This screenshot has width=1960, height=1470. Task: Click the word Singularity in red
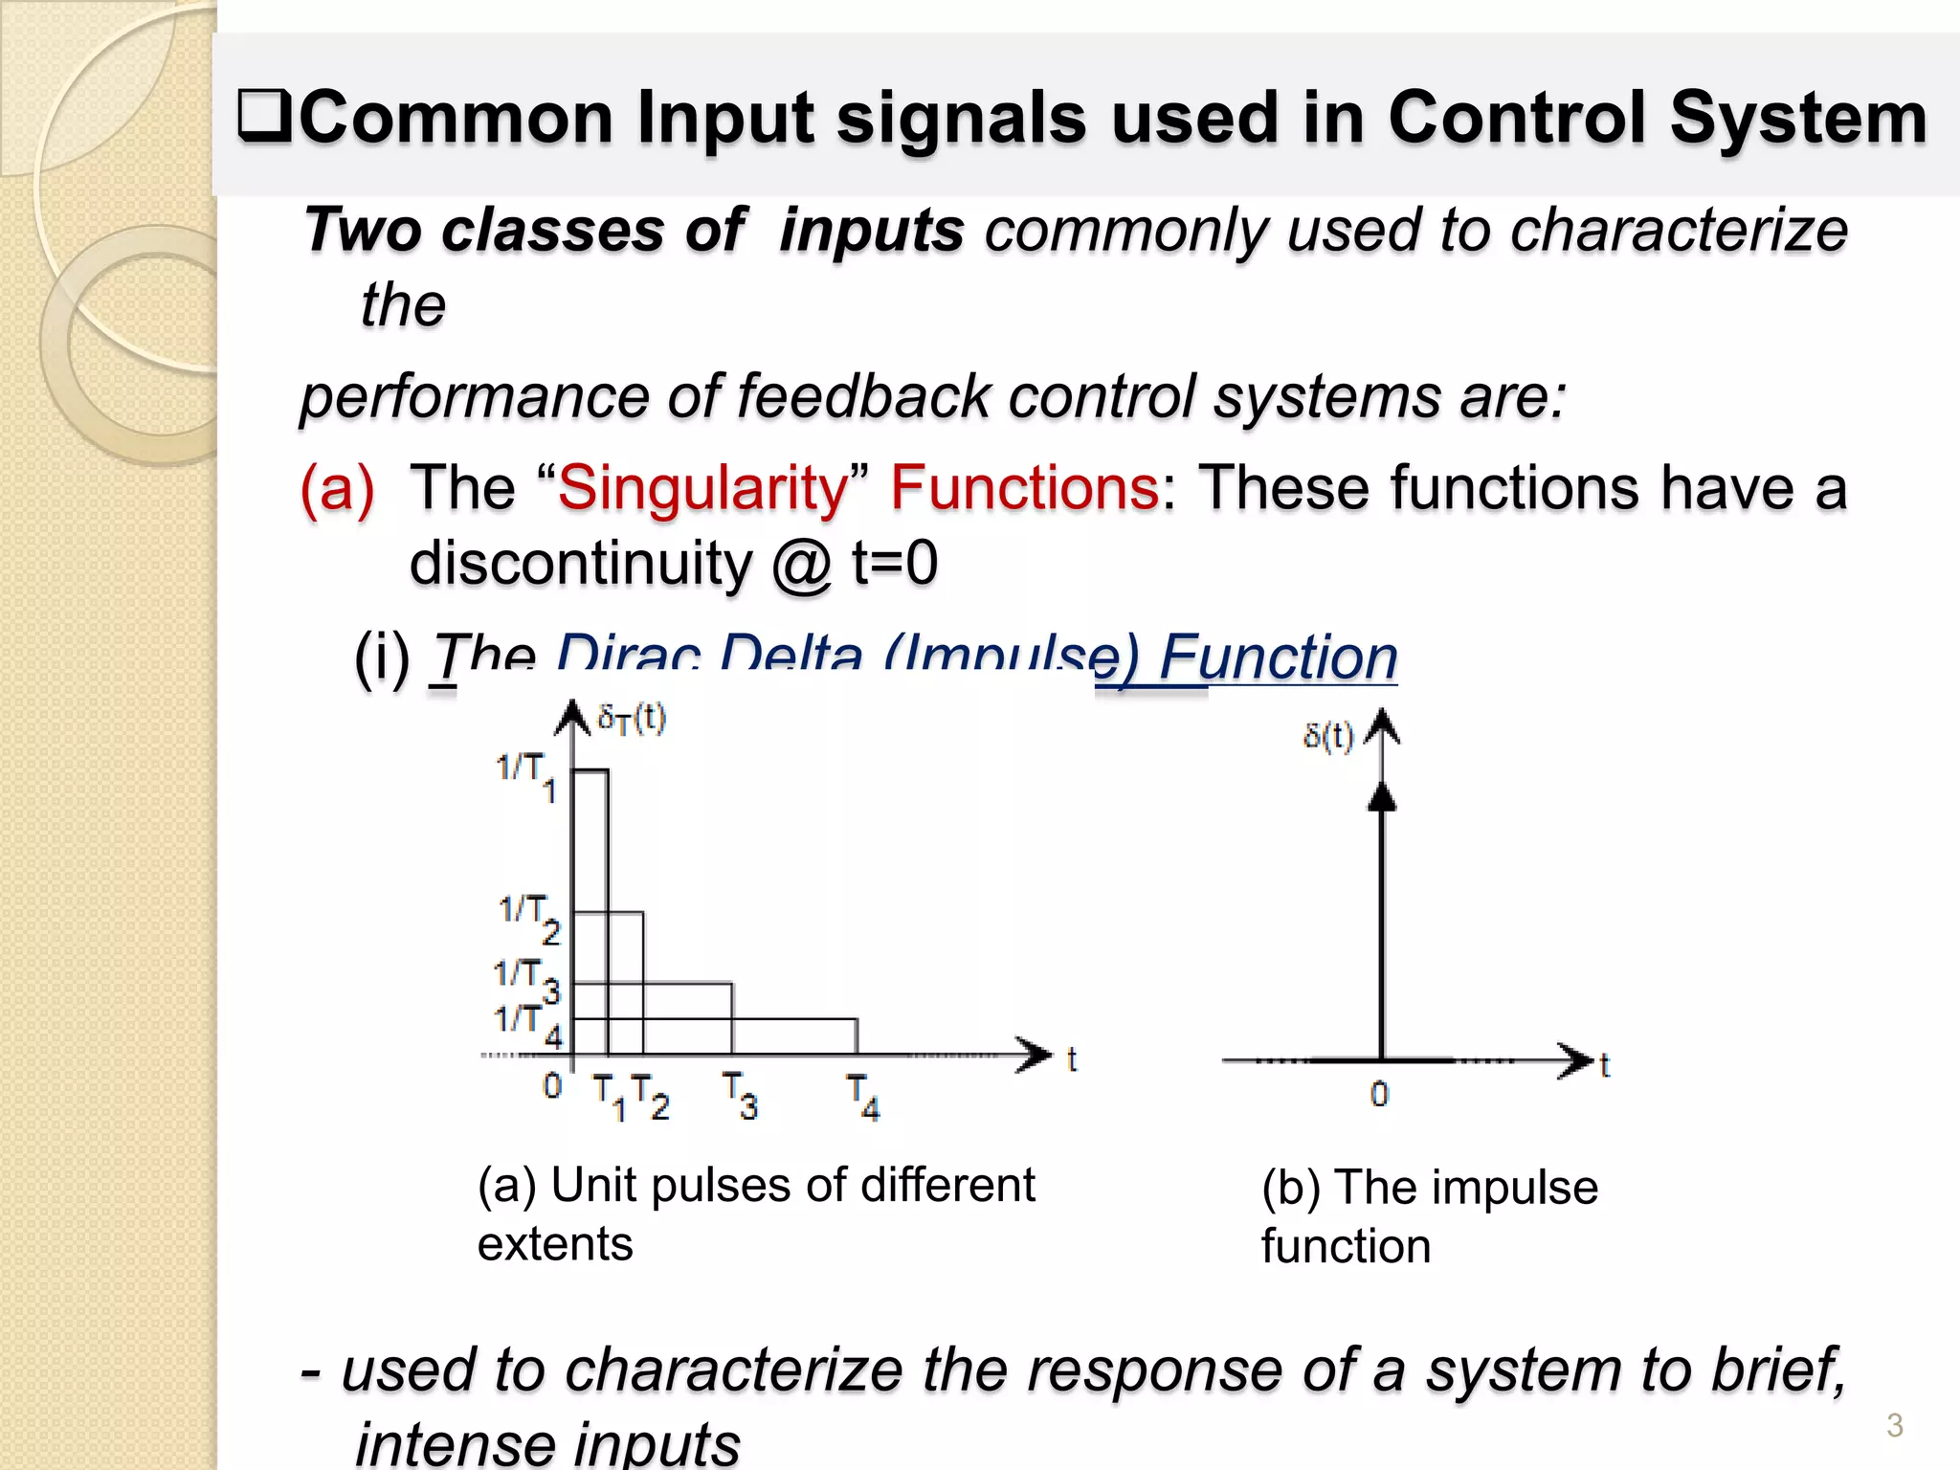[702, 489]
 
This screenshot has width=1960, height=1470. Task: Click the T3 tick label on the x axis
[740, 1096]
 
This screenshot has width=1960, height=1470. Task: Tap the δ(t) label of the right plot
[1328, 737]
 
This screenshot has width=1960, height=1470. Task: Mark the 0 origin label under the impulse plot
[1379, 1094]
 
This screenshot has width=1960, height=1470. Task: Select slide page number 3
[1894, 1425]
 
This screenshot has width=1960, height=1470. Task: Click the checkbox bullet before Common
[264, 118]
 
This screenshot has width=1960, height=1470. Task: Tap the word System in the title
[1798, 118]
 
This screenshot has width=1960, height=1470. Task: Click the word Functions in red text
[1025, 489]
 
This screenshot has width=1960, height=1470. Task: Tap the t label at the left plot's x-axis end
[1072, 1059]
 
